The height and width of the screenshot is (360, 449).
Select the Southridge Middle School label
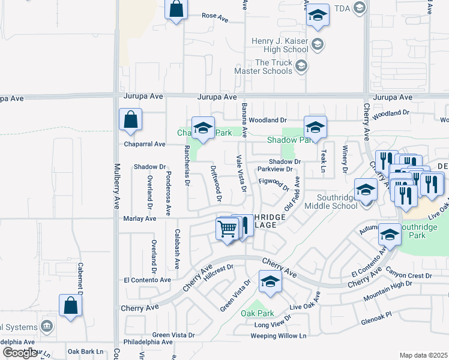point(331,201)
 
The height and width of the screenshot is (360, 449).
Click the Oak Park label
point(258,313)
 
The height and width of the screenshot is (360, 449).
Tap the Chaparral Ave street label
point(143,144)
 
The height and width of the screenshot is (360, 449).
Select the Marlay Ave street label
point(139,218)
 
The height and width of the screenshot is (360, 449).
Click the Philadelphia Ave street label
point(146,342)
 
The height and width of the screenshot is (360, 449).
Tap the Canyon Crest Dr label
point(409,275)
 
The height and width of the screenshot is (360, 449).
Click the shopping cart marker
point(227,229)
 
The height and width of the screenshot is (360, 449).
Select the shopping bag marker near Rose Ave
point(175,10)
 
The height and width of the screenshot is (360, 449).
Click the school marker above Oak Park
point(270,281)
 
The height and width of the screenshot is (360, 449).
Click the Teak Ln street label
point(323,161)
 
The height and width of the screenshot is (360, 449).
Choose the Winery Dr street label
point(345,159)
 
